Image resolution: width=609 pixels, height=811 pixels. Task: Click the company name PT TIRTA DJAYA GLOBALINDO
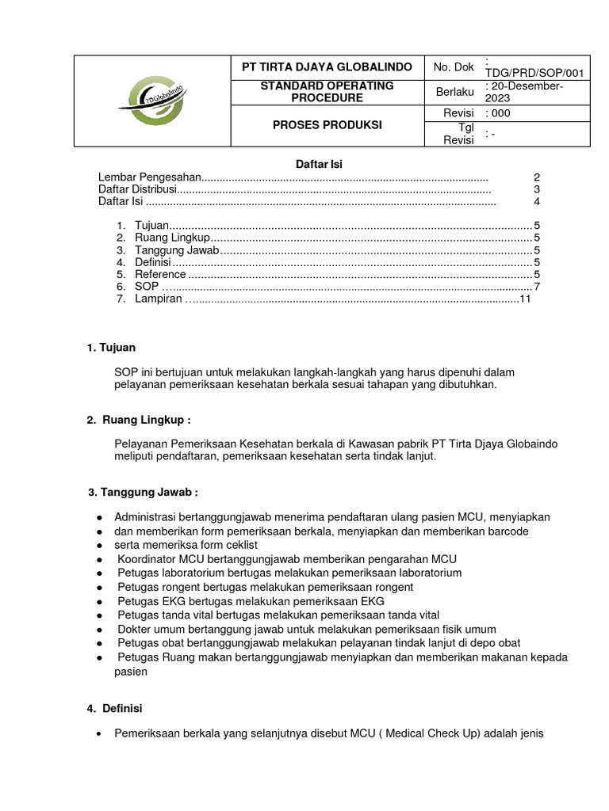pyautogui.click(x=327, y=67)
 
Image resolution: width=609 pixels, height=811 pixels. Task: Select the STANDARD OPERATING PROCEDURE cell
pyautogui.click(x=327, y=92)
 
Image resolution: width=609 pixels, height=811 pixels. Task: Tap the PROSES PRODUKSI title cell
pyautogui.click(x=327, y=125)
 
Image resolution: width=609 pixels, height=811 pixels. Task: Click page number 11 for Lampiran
pyautogui.click(x=524, y=299)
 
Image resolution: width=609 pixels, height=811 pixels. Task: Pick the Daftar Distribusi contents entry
pyautogui.click(x=136, y=190)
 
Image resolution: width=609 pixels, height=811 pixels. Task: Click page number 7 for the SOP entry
pyautogui.click(x=537, y=286)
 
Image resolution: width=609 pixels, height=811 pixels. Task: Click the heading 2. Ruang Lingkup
pyautogui.click(x=139, y=420)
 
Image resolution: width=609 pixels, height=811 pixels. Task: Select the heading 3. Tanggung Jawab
pyautogui.click(x=143, y=493)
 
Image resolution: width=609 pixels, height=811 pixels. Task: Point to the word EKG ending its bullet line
pyautogui.click(x=371, y=601)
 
